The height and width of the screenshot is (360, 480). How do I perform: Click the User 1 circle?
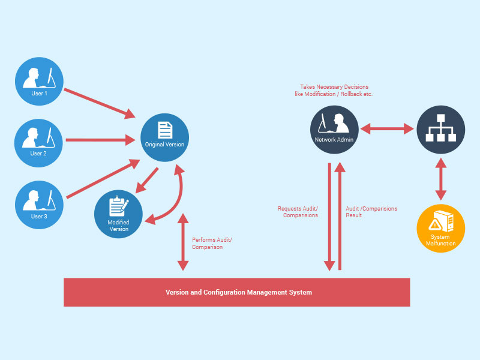click(39, 81)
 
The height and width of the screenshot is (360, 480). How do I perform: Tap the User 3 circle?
click(39, 204)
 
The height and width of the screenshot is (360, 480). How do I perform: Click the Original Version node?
click(164, 137)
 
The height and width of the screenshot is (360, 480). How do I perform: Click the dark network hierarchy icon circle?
click(441, 130)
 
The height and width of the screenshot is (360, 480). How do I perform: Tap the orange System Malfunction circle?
click(441, 229)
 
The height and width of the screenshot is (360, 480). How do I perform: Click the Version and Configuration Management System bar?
click(237, 292)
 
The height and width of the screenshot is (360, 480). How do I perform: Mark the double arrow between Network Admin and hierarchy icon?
click(388, 128)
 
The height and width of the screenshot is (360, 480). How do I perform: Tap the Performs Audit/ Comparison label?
click(212, 244)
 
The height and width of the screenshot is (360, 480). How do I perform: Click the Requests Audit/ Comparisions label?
click(298, 212)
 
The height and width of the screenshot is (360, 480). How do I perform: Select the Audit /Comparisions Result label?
click(371, 212)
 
